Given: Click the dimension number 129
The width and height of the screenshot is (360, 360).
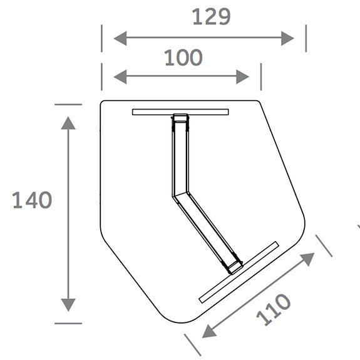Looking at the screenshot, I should pos(210,16).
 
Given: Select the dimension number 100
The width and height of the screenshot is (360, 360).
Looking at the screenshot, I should pos(183,58).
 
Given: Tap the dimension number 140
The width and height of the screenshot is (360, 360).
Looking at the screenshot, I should pos(32,200).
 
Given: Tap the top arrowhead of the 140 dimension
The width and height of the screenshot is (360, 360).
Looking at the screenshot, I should pos(68,122).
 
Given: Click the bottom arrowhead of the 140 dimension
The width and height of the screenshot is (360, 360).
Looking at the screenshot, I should pos(68,305).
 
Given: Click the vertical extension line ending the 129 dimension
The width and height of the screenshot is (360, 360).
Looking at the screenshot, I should pos(306,38).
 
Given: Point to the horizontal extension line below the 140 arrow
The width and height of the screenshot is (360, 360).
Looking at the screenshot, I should pos(68,323).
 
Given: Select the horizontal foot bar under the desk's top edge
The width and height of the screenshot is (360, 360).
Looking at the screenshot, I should pos(180,112).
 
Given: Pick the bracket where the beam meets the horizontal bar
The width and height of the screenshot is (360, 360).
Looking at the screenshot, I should pos(180,120).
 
